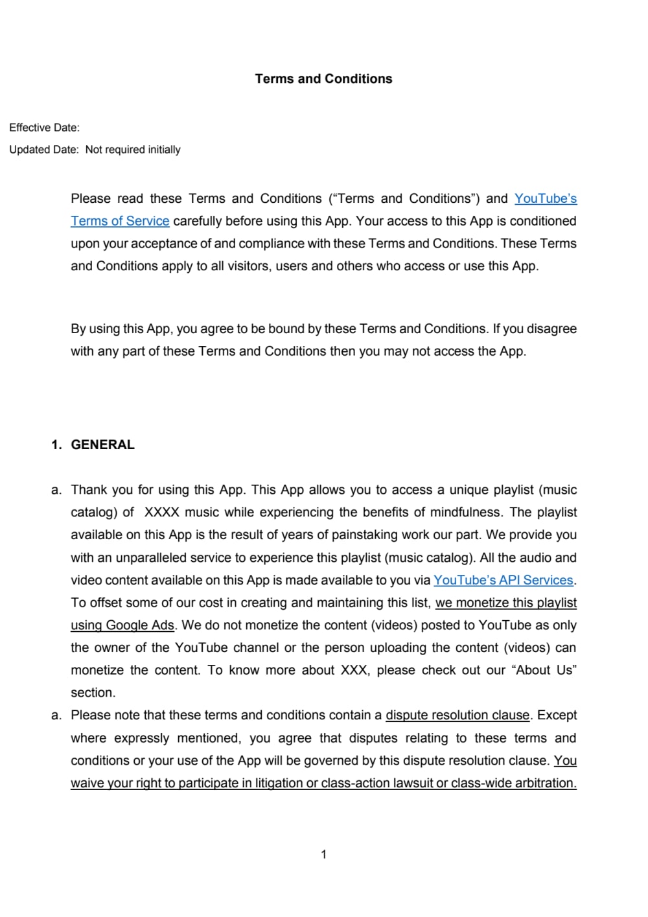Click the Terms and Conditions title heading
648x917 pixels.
tap(323, 79)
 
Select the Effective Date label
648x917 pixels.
tap(44, 128)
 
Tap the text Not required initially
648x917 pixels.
tap(133, 150)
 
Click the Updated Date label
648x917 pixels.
tap(43, 150)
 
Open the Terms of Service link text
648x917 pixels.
tap(120, 221)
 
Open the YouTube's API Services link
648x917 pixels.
tap(503, 580)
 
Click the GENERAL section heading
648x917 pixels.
tap(102, 445)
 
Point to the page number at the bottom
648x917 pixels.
tap(323, 854)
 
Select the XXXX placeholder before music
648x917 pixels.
tap(161, 513)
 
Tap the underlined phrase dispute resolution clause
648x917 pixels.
tap(457, 715)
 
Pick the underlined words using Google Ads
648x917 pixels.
tap(122, 625)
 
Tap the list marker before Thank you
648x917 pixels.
tap(56, 490)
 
